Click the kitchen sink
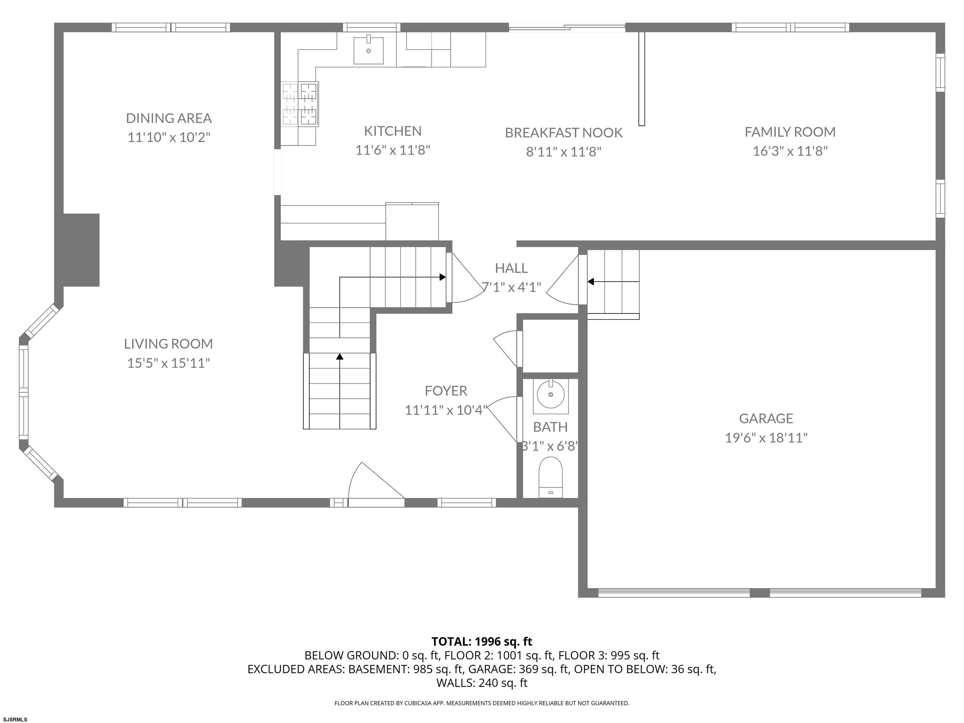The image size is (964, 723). point(368,50)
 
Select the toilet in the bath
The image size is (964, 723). point(551,477)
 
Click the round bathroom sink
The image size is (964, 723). point(551,394)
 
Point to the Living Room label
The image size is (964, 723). point(168,344)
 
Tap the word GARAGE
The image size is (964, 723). point(766,418)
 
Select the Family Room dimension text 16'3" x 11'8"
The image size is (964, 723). point(790,151)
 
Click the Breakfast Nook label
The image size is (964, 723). point(564,132)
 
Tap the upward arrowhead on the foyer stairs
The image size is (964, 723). point(340,356)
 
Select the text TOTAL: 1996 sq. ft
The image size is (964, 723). point(482,641)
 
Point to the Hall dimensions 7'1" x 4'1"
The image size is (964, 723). point(511,287)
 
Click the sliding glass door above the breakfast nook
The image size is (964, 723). point(567,27)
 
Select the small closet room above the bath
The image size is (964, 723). point(550,346)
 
